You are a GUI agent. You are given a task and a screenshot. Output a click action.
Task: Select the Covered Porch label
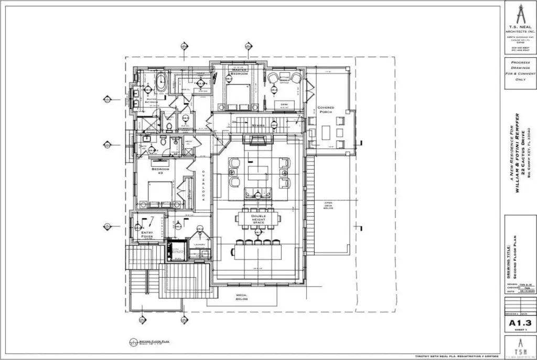326,110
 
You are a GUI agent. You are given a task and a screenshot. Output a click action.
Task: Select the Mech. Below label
241,297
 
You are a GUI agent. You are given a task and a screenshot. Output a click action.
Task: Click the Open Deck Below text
328,205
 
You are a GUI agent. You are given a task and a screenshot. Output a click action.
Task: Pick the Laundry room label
199,244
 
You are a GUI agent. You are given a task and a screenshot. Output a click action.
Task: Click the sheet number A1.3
519,323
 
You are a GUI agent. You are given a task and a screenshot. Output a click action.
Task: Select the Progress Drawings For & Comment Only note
519,71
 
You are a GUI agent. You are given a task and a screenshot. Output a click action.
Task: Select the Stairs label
257,126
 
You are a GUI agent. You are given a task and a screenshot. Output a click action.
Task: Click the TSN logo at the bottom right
519,347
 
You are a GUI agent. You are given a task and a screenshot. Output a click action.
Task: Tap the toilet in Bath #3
163,141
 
